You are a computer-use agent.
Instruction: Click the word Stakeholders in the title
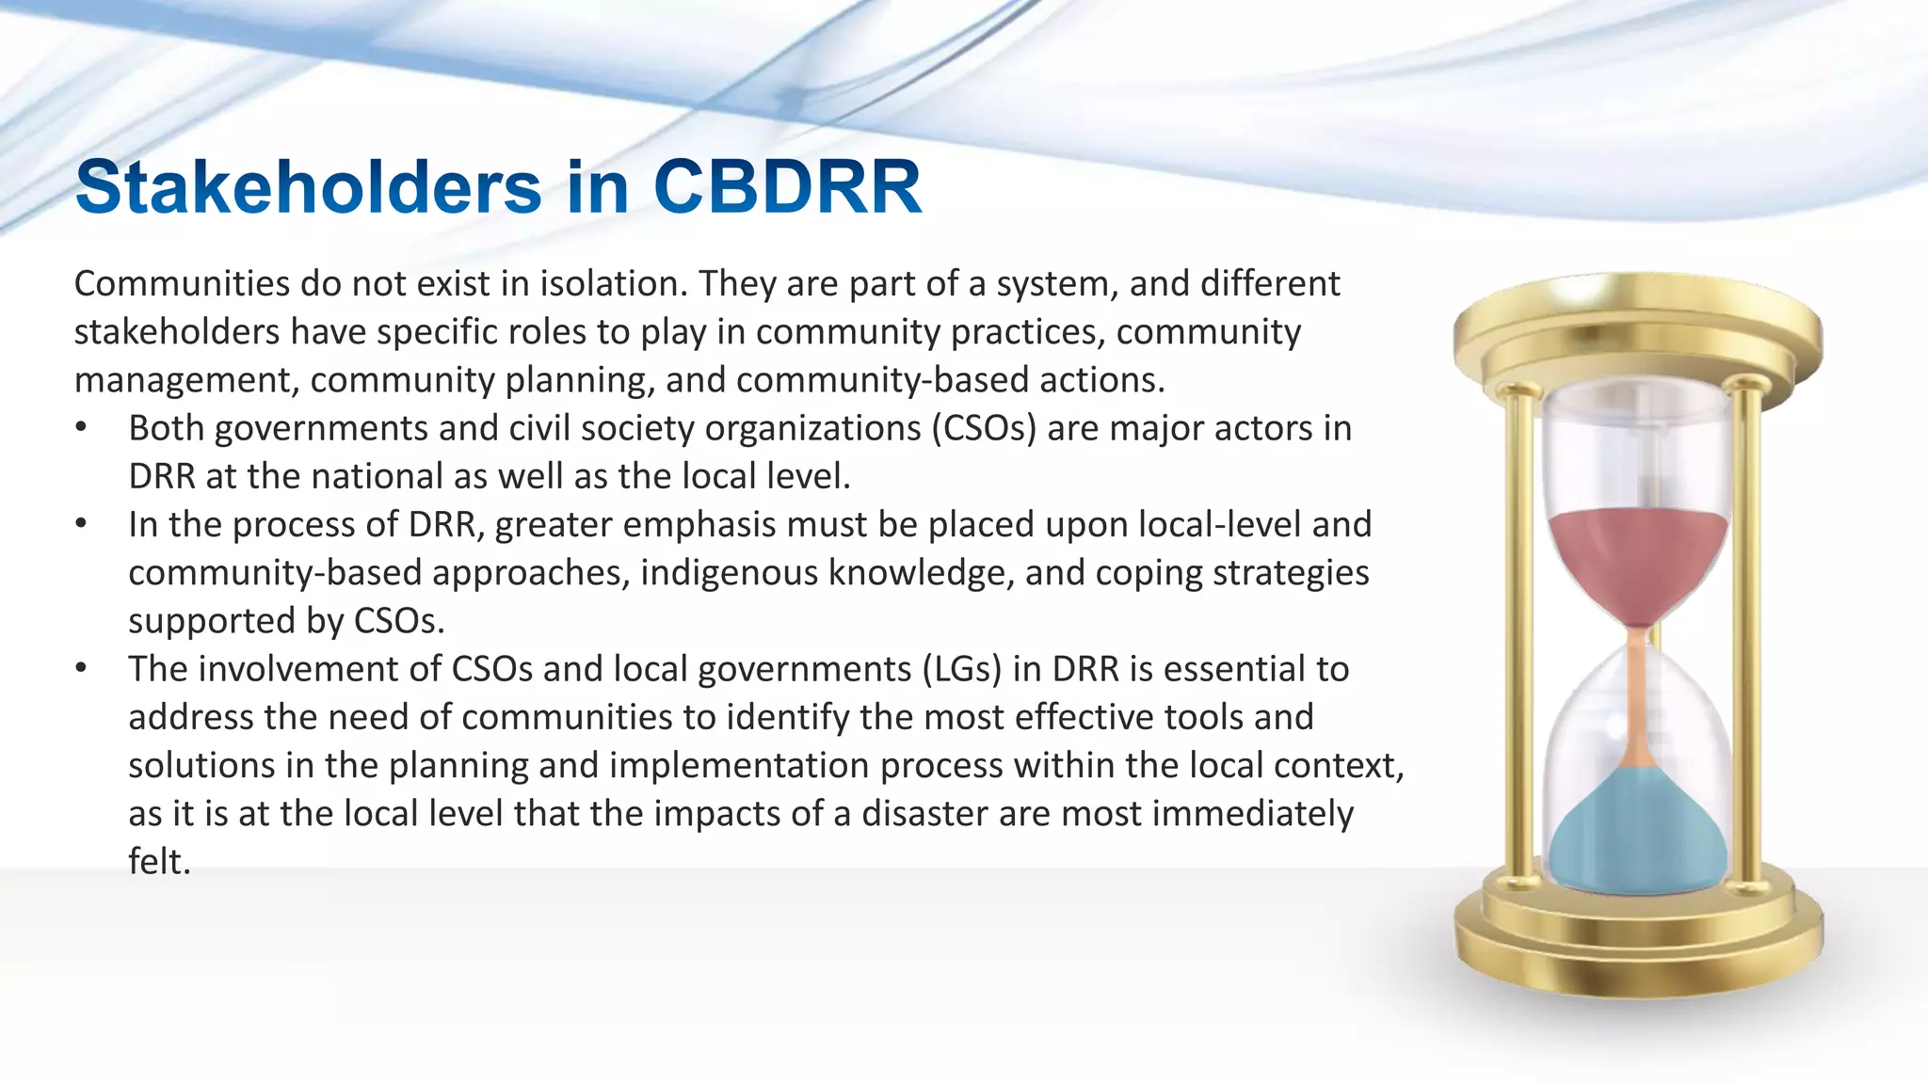[308, 186]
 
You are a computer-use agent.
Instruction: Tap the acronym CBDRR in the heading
[787, 186]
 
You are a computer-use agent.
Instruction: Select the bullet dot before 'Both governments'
[82, 428]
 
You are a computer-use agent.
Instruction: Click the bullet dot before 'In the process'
[82, 524]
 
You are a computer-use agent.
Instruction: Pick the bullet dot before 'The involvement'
[82, 669]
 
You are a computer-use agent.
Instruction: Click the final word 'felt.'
[159, 862]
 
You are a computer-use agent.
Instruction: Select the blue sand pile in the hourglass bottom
[1638, 842]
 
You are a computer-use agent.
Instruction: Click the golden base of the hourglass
[1638, 941]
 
